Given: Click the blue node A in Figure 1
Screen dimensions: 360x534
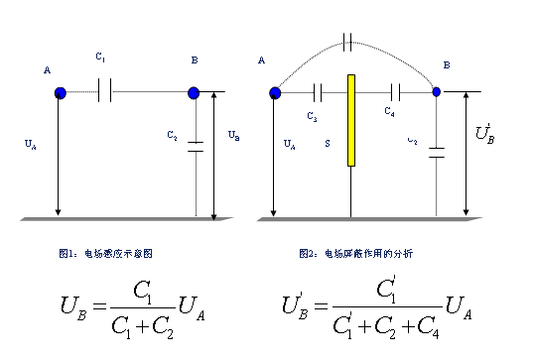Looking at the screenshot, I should click(x=60, y=92).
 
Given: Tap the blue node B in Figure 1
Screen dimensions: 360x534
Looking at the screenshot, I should click(x=194, y=92).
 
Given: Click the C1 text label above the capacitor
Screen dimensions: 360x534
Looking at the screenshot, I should click(x=101, y=58).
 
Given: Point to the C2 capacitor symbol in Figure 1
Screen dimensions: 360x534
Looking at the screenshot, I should click(x=196, y=148).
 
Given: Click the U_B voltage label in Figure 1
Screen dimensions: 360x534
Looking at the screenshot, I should click(x=232, y=134).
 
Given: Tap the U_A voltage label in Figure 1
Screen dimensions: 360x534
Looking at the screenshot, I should click(x=30, y=144).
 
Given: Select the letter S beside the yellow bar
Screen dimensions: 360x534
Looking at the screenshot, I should click(x=328, y=144).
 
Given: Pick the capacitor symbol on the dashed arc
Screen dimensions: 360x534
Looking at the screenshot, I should click(x=346, y=42).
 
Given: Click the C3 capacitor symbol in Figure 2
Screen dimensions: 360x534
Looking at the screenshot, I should click(x=318, y=92).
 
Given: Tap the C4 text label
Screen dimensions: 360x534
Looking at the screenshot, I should click(x=390, y=113).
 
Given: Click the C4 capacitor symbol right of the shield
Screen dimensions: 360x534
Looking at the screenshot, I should click(x=396, y=92).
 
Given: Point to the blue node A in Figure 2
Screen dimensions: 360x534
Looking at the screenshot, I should click(x=275, y=92).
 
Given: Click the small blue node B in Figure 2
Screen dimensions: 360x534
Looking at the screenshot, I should click(x=436, y=92).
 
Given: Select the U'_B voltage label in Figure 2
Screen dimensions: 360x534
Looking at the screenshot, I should click(x=485, y=133).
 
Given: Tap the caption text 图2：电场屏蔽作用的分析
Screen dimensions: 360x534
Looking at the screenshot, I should click(x=355, y=254).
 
